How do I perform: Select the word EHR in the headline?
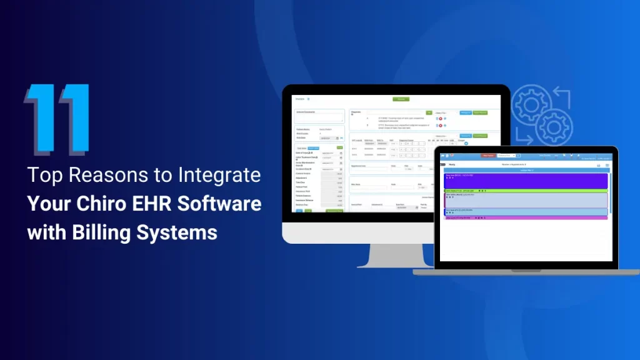coord(155,204)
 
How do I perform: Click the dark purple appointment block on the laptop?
coord(525,180)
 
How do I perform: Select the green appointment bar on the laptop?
coord(525,191)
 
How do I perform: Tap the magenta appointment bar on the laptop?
coord(525,217)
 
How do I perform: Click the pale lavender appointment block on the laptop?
coord(525,200)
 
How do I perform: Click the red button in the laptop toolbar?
coord(488,156)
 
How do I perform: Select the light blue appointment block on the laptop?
coord(525,212)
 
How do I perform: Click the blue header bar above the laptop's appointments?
coord(525,169)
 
